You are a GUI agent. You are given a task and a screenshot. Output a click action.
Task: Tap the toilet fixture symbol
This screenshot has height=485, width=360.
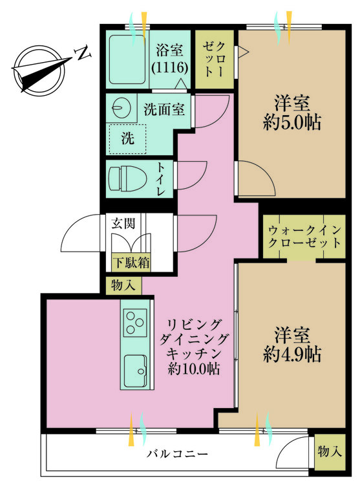(127, 178)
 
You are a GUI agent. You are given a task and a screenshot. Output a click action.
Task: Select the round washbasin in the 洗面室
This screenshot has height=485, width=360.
(121, 108)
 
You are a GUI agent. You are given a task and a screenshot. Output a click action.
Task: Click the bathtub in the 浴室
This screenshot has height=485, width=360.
(127, 59)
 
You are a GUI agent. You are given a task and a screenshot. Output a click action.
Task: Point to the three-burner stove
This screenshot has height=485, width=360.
(135, 322)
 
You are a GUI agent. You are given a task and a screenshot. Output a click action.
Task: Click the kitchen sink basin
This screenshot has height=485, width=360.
(135, 370)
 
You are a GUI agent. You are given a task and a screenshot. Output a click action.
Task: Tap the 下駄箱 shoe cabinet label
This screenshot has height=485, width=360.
(131, 263)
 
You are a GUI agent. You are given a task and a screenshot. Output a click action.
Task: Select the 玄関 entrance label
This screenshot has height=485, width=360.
(123, 223)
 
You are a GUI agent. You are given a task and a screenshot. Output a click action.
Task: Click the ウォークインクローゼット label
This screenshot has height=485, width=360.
(304, 237)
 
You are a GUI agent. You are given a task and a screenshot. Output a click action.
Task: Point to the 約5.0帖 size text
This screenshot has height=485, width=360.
(292, 122)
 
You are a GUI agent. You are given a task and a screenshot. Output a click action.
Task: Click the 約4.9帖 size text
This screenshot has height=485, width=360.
(292, 354)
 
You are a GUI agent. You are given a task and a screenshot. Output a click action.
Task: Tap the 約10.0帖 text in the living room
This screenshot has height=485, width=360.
(194, 369)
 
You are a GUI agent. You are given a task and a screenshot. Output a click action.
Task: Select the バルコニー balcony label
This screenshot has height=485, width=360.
(177, 455)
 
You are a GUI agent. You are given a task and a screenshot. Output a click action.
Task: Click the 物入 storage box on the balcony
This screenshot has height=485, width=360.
(330, 452)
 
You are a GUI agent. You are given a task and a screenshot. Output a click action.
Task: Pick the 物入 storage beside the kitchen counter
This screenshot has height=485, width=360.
(123, 285)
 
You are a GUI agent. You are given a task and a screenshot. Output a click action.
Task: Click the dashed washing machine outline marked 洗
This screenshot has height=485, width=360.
(127, 139)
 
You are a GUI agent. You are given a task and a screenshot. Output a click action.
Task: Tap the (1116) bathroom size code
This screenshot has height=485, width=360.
(169, 67)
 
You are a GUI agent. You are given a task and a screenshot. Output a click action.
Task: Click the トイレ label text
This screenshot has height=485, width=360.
(161, 179)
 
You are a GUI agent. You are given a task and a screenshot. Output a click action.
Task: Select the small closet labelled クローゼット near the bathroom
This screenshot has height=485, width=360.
(215, 59)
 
